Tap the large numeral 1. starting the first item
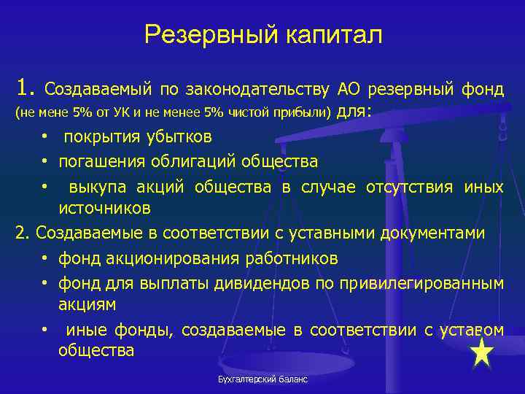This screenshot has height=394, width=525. [26, 89]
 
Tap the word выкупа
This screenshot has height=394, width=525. [93, 188]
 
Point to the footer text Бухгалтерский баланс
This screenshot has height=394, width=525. [262, 380]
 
